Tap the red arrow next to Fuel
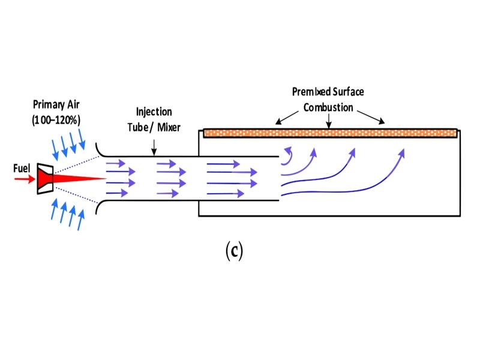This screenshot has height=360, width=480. click(24, 179)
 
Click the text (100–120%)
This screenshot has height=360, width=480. click(56, 119)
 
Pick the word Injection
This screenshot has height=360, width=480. click(155, 112)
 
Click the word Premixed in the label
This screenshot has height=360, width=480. click(311, 92)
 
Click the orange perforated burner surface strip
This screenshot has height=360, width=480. click(330, 133)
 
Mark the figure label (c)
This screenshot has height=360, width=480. click(234, 251)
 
